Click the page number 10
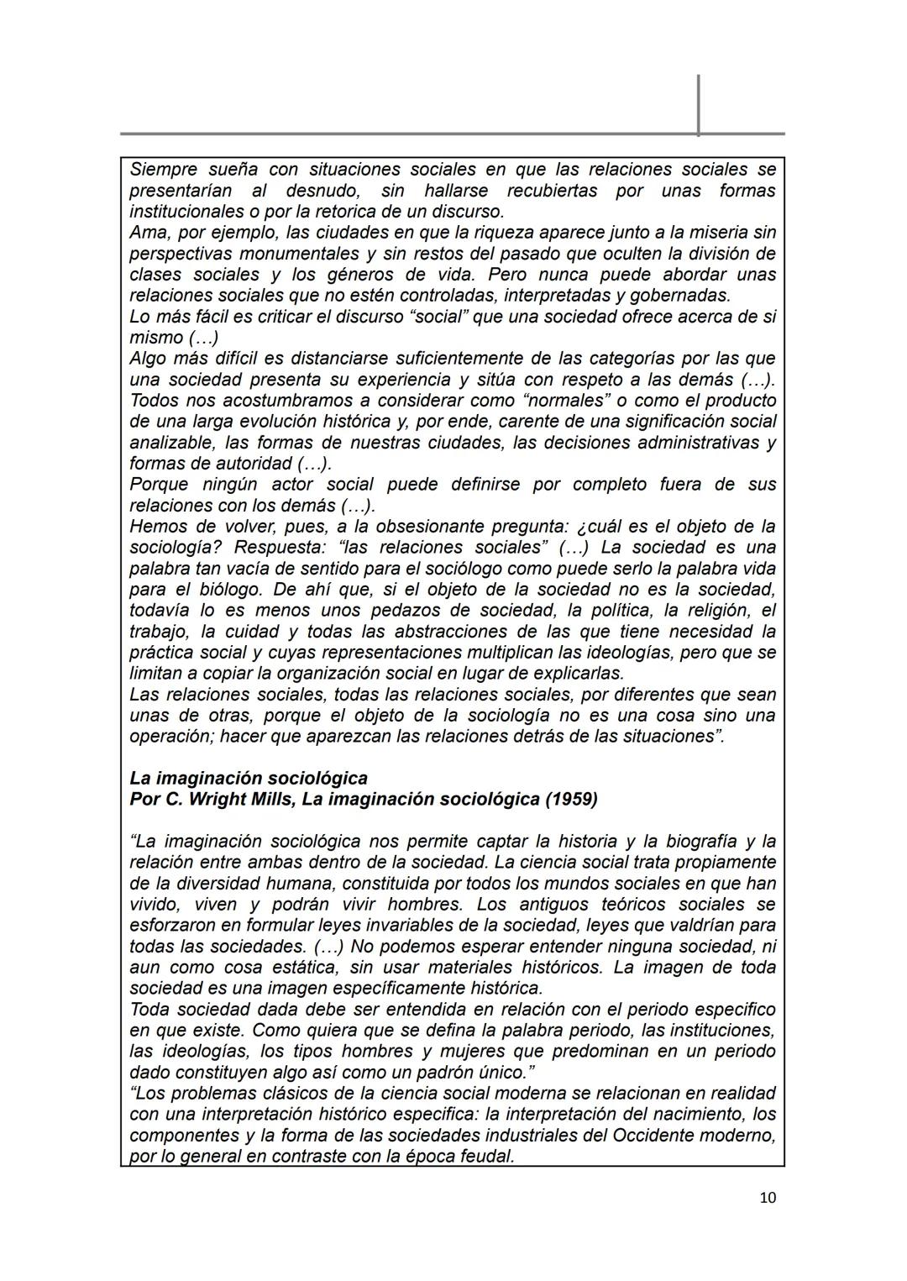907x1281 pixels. (768, 1198)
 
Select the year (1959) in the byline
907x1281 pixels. (571, 799)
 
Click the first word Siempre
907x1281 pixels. (162, 170)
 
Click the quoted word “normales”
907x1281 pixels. (549, 401)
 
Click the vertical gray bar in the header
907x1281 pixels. (698, 105)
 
